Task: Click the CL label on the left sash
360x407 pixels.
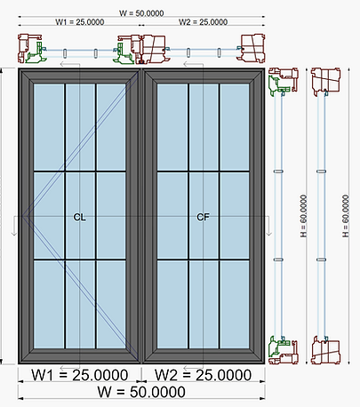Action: pos(79,217)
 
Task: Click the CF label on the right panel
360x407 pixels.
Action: pos(203,217)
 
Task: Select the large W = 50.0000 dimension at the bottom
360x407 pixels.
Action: pos(141,392)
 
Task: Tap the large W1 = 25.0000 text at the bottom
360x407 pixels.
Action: pos(80,375)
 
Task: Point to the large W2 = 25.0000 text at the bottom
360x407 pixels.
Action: pos(204,375)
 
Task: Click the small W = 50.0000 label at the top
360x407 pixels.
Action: pos(141,13)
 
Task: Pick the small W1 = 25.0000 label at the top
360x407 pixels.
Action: pos(80,22)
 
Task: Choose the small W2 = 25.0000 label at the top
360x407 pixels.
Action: pos(204,22)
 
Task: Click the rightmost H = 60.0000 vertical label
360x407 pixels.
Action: pos(346,216)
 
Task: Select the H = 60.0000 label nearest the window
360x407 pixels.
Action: pos(303,216)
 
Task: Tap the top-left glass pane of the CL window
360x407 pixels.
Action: pos(49,127)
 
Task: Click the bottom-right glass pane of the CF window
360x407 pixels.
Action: pos(235,304)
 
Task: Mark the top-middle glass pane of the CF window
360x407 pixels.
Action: pos(204,127)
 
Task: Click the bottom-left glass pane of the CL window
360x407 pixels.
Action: pos(49,304)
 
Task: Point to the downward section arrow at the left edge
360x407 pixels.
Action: pos(14,226)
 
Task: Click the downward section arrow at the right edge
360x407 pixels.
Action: pos(268,226)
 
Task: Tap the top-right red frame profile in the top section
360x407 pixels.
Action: pos(252,48)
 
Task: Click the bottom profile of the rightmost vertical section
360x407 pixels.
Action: pos(325,350)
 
